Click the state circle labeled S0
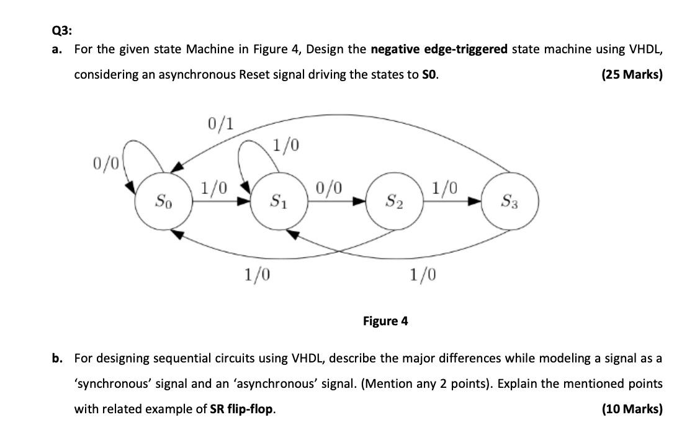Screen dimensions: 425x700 [162, 201]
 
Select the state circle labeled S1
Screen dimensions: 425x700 [277, 201]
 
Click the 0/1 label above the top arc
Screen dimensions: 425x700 [221, 124]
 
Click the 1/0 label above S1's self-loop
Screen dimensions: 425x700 [286, 146]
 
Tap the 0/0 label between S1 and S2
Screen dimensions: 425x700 [329, 187]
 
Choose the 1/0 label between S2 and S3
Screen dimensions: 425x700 [445, 187]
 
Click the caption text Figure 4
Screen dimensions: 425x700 [385, 321]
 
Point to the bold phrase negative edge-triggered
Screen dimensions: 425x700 [439, 49]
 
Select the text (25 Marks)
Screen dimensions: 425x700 [632, 74]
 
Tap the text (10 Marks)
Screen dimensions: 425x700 [632, 409]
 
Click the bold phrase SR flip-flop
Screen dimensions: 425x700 [241, 409]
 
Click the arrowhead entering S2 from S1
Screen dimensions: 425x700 [361, 201]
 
